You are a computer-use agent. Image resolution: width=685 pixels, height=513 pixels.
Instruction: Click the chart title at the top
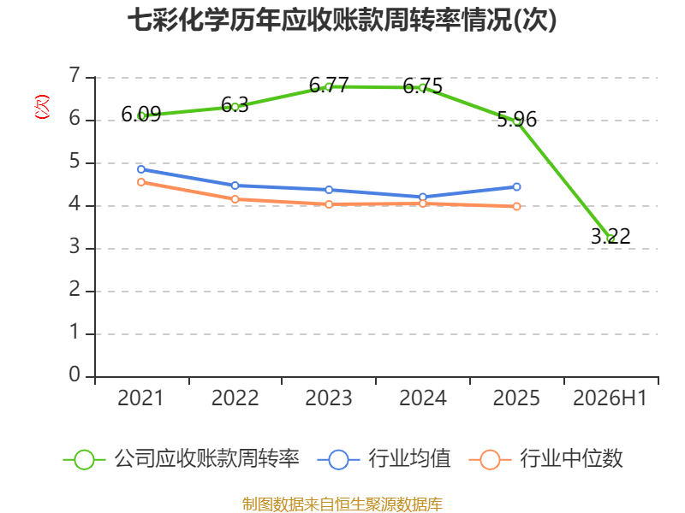[342, 21]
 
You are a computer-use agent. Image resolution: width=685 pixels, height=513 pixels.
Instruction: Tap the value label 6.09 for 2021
[141, 115]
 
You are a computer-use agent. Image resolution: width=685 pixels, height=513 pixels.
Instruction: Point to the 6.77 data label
[329, 85]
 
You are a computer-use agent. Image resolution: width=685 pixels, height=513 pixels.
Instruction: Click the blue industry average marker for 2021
[141, 169]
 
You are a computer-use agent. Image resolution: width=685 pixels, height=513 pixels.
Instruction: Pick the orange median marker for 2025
[516, 206]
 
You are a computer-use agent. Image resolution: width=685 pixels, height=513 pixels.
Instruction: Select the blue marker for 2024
[423, 198]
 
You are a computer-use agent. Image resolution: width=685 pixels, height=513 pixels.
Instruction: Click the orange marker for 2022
[235, 199]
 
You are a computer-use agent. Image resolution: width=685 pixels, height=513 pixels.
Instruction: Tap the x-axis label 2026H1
[610, 398]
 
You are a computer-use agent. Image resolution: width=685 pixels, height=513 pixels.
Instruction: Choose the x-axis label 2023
[329, 398]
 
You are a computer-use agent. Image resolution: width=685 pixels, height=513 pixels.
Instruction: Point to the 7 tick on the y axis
[74, 75]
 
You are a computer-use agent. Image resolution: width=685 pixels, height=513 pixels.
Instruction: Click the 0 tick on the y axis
[74, 374]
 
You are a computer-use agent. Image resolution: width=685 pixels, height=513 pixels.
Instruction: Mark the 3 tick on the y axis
[74, 247]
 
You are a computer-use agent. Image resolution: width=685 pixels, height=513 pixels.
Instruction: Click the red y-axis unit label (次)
[42, 107]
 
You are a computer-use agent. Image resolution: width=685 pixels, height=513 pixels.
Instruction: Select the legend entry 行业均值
[409, 458]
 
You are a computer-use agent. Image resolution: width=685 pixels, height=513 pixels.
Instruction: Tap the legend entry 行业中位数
[571, 458]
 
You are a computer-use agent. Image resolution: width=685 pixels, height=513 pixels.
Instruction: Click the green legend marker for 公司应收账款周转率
[84, 460]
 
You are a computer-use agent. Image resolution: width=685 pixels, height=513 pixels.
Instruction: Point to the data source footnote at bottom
[342, 504]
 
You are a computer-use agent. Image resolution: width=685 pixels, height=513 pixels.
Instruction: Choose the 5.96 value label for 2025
[517, 119]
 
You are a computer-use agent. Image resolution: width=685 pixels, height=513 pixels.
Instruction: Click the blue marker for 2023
[329, 190]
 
